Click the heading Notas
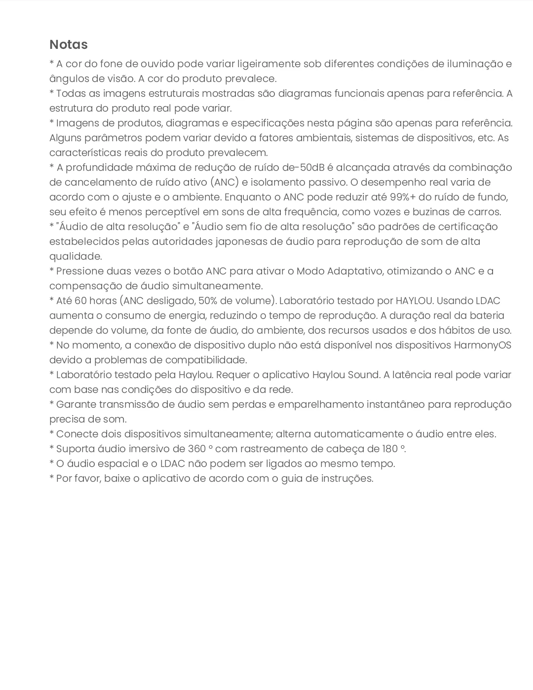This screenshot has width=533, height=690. [69, 44]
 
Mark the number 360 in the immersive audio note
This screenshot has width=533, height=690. [197, 449]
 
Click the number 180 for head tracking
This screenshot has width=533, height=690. [389, 449]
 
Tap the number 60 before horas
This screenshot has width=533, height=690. [81, 301]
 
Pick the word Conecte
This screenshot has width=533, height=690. [76, 434]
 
